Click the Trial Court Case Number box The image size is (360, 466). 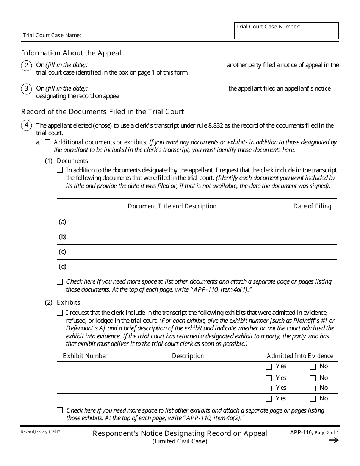(x=286, y=31)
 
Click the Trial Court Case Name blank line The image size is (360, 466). (x=157, y=36)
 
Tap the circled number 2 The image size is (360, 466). (x=26, y=65)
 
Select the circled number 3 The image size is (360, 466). (x=26, y=89)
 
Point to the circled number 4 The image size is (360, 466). (x=26, y=125)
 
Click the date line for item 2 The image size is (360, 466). (x=156, y=66)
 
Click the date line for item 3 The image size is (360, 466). (x=156, y=89)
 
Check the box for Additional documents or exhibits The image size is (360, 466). (x=47, y=142)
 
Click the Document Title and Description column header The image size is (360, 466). (x=172, y=206)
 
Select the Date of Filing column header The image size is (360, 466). (x=312, y=206)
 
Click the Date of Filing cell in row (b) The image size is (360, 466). (x=312, y=237)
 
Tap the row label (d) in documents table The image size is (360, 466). (x=63, y=267)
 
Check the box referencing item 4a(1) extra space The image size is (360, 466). (x=59, y=282)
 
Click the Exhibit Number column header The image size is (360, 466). (x=85, y=356)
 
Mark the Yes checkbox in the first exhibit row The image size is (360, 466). (x=269, y=367)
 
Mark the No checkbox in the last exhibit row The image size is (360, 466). (x=313, y=399)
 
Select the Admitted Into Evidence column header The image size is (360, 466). (x=300, y=356)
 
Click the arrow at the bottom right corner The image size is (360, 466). (x=333, y=440)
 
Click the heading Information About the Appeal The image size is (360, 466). (x=71, y=53)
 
